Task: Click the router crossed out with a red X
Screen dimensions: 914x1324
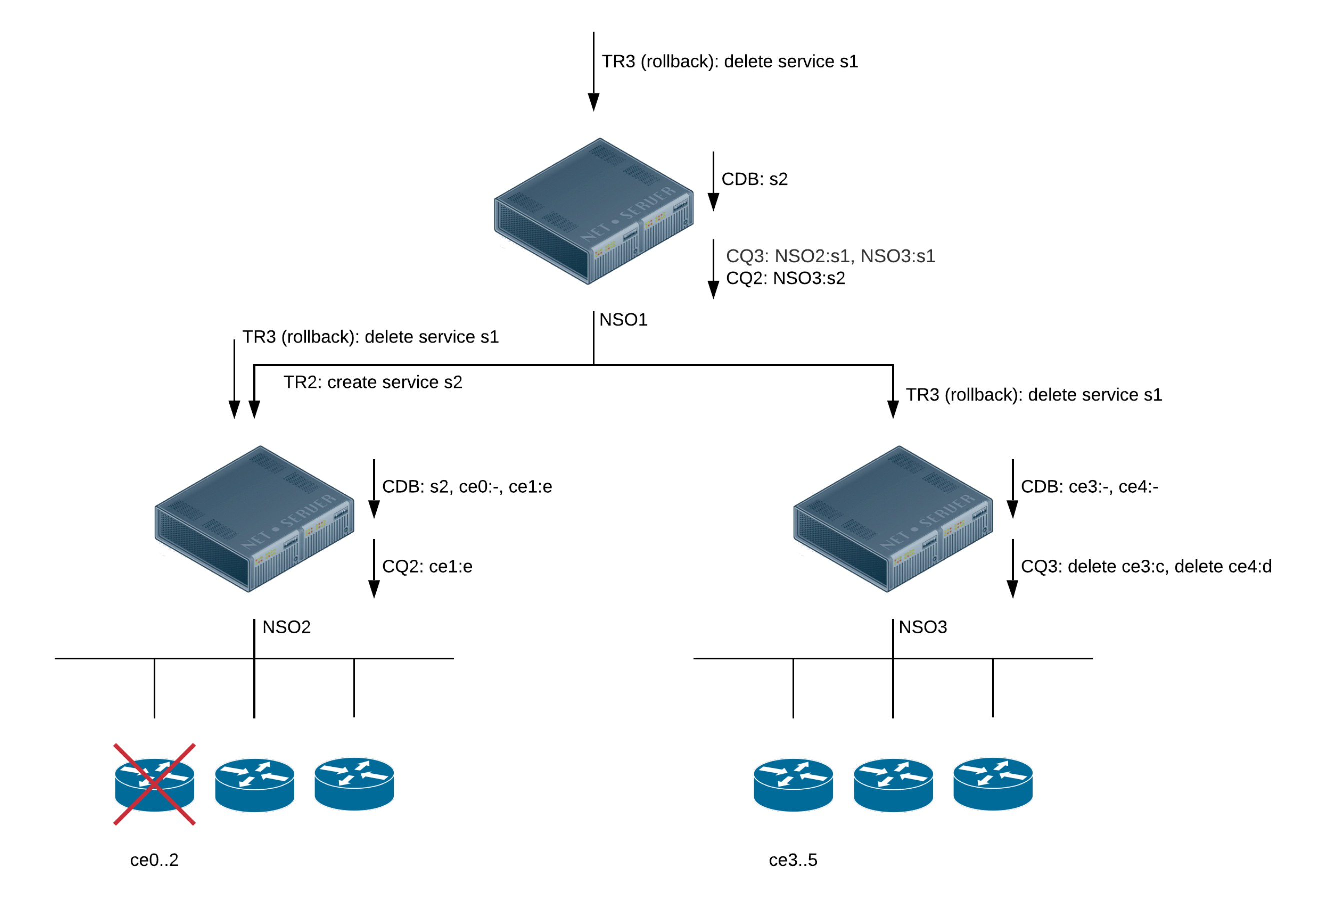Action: pos(154,784)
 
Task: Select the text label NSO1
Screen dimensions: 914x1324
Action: pos(623,319)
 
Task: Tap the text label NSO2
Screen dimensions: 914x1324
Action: pos(286,627)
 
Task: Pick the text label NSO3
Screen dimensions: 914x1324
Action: pos(922,627)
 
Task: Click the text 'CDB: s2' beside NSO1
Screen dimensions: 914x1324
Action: pos(754,179)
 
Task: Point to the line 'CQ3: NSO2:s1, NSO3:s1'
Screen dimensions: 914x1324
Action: pos(830,256)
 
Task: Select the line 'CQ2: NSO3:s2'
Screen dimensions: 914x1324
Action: pos(785,278)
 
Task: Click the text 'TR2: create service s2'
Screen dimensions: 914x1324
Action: pos(373,382)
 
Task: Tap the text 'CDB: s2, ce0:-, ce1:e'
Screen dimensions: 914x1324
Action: pos(466,487)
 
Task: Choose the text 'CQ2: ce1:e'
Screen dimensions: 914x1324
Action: pos(427,566)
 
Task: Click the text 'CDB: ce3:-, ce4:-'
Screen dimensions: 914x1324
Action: pos(1089,487)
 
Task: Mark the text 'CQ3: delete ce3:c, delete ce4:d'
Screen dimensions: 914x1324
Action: pos(1146,566)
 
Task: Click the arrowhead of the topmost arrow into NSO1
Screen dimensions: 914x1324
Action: pos(594,102)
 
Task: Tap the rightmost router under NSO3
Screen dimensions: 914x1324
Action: pos(992,784)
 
